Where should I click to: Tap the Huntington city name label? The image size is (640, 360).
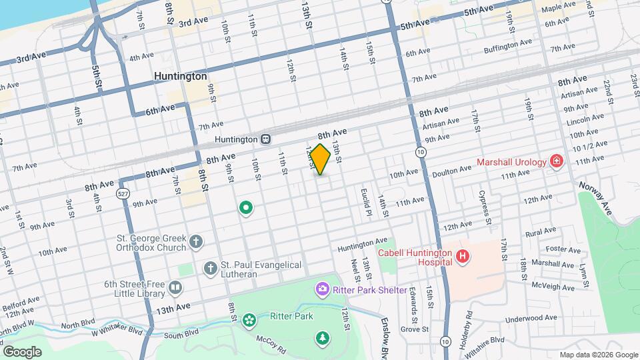click(x=180, y=77)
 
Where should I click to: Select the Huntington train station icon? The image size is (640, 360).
click(x=265, y=139)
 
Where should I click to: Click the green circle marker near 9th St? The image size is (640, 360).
click(x=246, y=209)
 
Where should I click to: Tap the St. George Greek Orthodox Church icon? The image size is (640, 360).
click(x=195, y=242)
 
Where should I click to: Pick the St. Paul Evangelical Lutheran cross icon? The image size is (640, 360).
click(x=210, y=268)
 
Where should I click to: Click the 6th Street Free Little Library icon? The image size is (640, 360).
click(x=175, y=288)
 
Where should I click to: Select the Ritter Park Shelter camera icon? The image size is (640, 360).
click(x=322, y=289)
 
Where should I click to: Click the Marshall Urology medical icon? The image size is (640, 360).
click(x=555, y=161)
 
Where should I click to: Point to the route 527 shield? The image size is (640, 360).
click(x=122, y=193)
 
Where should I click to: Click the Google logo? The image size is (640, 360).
click(x=22, y=351)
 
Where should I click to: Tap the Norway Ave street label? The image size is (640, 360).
click(x=595, y=196)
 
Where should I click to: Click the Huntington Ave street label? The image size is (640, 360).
click(x=362, y=244)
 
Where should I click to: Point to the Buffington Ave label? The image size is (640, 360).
click(x=507, y=45)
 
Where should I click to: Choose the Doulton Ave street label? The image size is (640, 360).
click(x=451, y=171)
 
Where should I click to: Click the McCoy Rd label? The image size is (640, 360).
click(x=273, y=343)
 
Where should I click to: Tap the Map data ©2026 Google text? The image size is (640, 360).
click(x=597, y=355)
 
